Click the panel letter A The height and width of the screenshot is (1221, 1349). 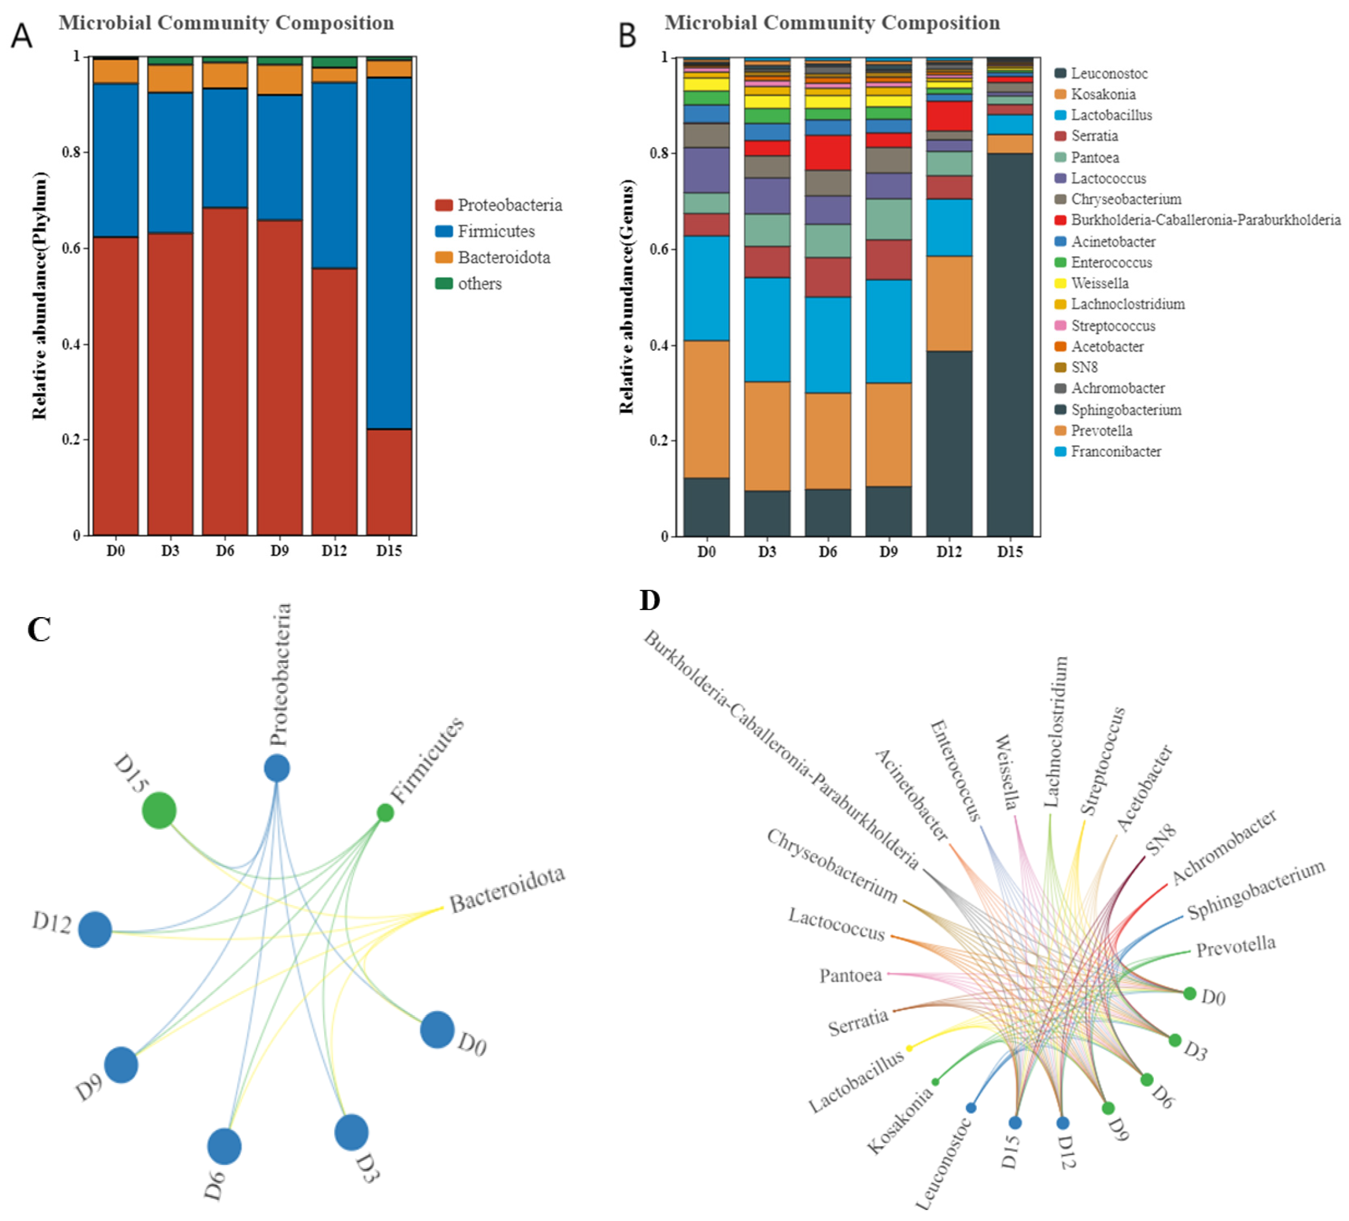point(21,36)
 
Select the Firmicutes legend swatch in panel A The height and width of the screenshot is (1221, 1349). point(444,232)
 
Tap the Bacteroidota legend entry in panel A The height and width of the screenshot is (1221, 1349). point(503,257)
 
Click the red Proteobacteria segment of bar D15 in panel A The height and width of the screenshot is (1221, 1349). point(389,482)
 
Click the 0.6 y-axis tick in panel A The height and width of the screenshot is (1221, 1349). point(72,248)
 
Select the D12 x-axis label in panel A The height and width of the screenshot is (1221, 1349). point(334,550)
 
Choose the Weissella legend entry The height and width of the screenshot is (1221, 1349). point(1099,283)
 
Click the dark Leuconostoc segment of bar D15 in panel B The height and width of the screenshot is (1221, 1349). point(1010,345)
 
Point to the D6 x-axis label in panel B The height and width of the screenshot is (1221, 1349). point(828,551)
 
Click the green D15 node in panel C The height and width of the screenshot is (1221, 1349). point(159,810)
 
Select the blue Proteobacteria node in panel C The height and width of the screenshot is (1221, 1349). point(277,768)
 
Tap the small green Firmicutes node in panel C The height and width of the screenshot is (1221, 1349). point(385,812)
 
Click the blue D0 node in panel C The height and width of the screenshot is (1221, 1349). point(437,1030)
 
